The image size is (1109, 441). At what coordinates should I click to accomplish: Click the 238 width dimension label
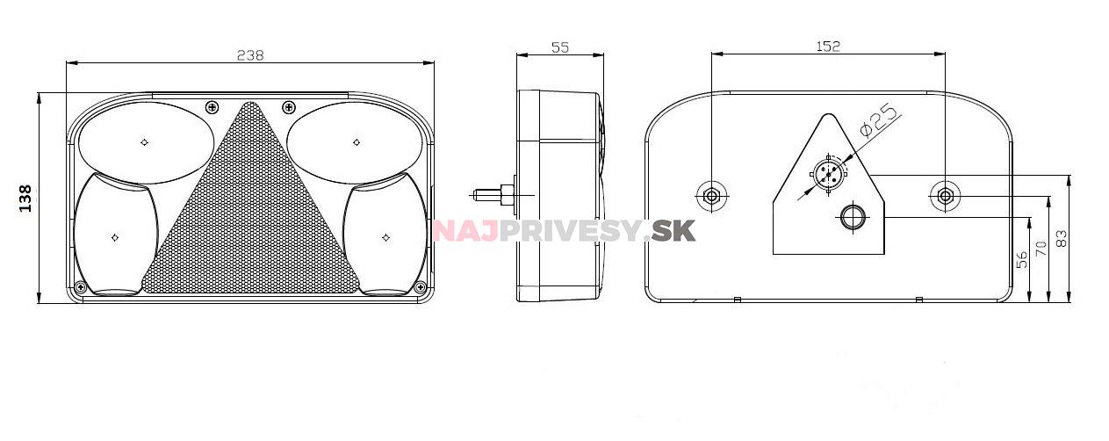[x=250, y=55]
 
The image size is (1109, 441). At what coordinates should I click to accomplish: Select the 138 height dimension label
[x=25, y=199]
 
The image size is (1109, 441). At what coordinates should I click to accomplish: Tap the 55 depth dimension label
[x=560, y=47]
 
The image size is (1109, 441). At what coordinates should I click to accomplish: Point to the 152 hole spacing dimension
[x=828, y=46]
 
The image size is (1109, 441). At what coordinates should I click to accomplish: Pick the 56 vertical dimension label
[x=1021, y=260]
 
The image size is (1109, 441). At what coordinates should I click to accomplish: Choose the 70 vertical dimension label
[x=1041, y=249]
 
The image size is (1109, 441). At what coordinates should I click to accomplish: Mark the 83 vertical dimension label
[x=1062, y=238]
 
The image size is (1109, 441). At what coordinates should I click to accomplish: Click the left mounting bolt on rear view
[x=711, y=196]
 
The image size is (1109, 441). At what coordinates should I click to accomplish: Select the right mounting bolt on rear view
[x=945, y=196]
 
